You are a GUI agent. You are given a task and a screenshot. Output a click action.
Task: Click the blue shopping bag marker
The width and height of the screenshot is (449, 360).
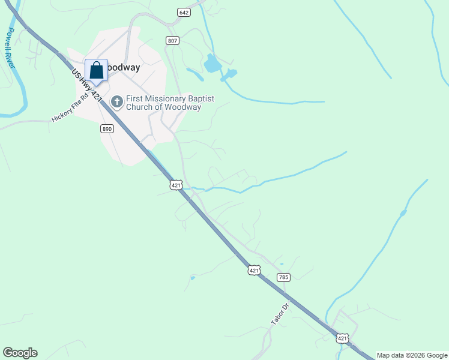tap(96, 71)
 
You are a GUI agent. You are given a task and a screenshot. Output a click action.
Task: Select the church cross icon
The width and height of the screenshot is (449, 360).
tap(116, 102)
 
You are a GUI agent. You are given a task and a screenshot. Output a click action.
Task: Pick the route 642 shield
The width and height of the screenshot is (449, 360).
tap(184, 13)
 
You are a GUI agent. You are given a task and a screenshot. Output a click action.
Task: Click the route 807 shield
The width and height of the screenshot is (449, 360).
tap(173, 41)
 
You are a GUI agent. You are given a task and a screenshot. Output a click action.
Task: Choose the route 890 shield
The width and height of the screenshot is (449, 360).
tap(107, 129)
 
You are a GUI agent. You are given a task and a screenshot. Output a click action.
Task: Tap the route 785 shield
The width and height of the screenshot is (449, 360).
tap(284, 277)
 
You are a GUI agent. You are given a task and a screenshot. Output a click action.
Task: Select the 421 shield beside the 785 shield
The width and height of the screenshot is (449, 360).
tap(254, 271)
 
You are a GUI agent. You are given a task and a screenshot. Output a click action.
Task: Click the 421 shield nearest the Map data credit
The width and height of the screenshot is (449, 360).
tap(342, 339)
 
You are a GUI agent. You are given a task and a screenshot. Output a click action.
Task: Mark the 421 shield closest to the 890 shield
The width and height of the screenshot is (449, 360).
tap(176, 185)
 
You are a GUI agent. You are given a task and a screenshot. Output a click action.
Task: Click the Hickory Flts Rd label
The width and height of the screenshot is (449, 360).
tap(70, 107)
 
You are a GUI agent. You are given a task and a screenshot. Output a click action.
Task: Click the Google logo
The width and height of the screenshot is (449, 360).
tap(20, 353)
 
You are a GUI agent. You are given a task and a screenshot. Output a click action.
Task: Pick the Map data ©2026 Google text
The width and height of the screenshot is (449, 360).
tap(412, 355)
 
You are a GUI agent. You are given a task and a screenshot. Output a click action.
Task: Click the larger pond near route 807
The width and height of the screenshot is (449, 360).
tap(212, 63)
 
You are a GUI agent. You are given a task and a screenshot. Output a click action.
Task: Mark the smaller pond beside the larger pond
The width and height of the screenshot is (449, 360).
tap(229, 74)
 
